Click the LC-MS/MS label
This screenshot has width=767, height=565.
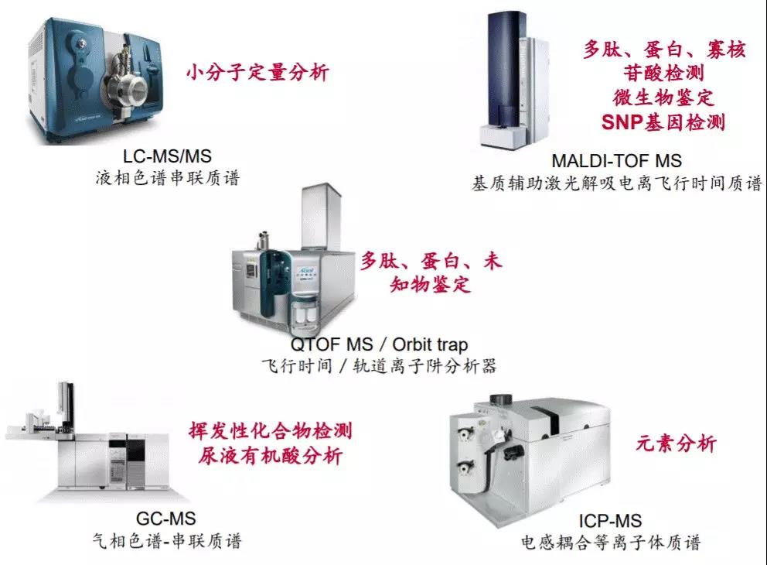click(x=167, y=156)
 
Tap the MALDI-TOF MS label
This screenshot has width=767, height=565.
click(x=616, y=160)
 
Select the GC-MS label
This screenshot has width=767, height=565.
click(x=165, y=519)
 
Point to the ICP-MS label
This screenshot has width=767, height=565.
click(x=610, y=521)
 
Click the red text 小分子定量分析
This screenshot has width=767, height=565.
click(x=257, y=73)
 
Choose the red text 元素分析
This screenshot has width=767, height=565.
click(x=676, y=443)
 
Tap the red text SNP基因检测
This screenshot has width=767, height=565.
click(x=663, y=122)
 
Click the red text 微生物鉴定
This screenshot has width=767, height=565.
click(x=663, y=98)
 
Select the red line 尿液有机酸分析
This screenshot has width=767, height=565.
click(x=270, y=456)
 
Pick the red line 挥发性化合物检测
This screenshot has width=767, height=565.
click(x=271, y=431)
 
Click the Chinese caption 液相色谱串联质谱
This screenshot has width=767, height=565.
click(x=168, y=178)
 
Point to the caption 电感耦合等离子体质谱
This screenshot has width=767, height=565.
click(x=611, y=543)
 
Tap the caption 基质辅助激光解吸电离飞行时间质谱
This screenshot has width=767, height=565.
click(x=617, y=183)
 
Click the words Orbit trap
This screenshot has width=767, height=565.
click(x=430, y=344)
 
